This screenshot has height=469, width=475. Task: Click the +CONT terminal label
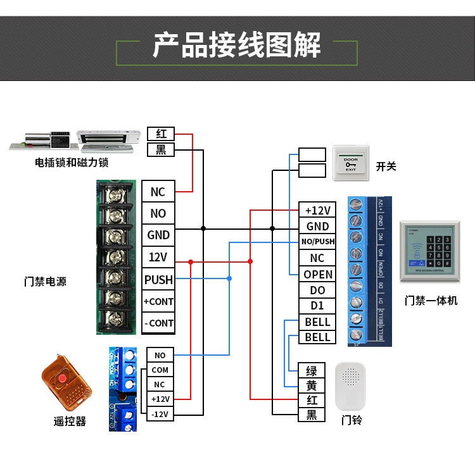point(158,301)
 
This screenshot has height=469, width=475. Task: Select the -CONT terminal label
point(158,323)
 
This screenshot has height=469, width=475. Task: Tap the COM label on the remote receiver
point(160,370)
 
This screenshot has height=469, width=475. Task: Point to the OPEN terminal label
point(318,274)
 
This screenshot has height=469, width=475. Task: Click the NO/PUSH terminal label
point(318,242)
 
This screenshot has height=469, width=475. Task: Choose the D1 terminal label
point(318,306)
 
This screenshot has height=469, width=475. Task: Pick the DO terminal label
point(318,290)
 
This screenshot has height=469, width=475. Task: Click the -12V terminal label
point(160,413)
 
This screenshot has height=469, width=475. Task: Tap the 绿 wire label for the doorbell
point(312,371)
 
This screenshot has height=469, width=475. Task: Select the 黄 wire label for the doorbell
point(312,385)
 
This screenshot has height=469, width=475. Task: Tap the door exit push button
point(350,163)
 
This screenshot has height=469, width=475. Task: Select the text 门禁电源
point(45,282)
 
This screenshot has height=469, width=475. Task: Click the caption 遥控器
point(70,421)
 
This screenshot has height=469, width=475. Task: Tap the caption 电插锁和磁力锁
point(72,163)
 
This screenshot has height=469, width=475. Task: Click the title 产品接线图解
point(237,46)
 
